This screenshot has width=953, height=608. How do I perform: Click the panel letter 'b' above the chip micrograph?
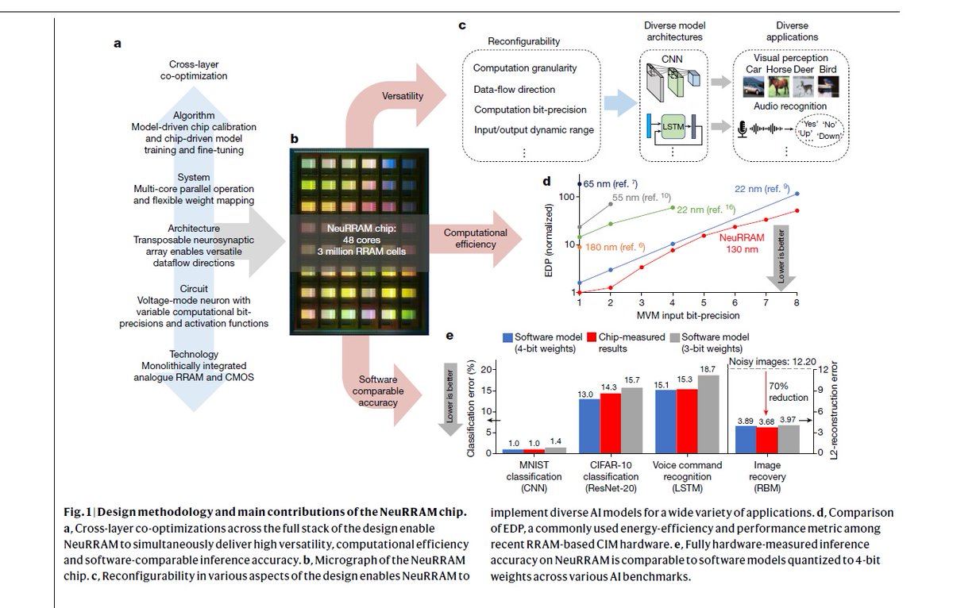pos(294,138)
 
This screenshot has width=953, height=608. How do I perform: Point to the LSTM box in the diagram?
pos(671,125)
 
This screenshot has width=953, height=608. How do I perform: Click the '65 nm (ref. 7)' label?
pos(607,184)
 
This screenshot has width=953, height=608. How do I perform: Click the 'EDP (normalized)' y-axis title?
pos(550,244)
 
